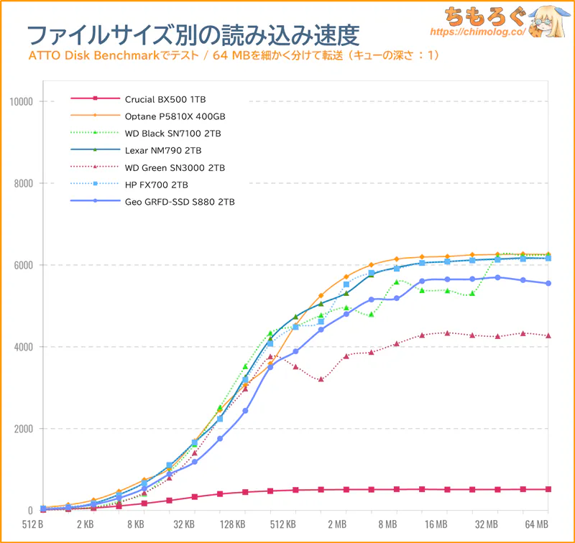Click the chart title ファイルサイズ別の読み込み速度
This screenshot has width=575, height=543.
(193, 34)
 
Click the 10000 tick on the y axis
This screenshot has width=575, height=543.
(21, 101)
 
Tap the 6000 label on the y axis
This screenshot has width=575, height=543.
(23, 265)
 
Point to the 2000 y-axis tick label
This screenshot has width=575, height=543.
(23, 429)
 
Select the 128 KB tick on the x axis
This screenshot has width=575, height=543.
(234, 525)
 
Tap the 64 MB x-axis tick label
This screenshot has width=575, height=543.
(536, 525)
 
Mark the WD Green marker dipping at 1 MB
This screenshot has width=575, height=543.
(321, 379)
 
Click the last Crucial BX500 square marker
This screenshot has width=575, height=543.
(548, 489)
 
